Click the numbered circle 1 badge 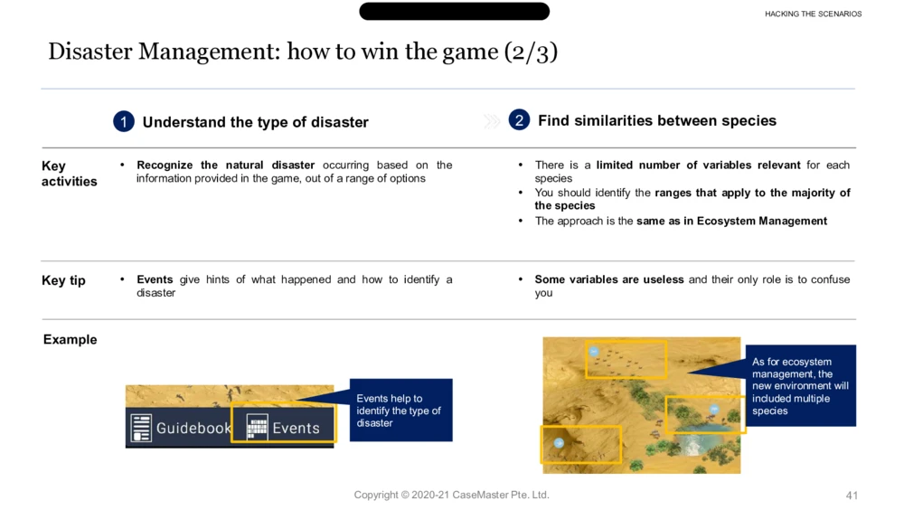[123, 122]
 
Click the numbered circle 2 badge [519, 120]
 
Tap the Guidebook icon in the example [141, 428]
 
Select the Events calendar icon [257, 428]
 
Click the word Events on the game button [296, 428]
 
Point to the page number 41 [852, 496]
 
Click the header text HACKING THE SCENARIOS [813, 14]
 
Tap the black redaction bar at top [455, 11]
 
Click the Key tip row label [63, 280]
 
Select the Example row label [70, 339]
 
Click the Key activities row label [70, 174]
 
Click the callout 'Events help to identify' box [400, 411]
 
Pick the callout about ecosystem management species [800, 386]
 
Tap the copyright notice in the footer [451, 495]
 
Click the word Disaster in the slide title [89, 52]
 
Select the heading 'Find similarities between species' [657, 120]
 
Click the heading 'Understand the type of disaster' [256, 122]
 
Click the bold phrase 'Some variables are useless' [608, 279]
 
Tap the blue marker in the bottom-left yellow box [559, 442]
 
